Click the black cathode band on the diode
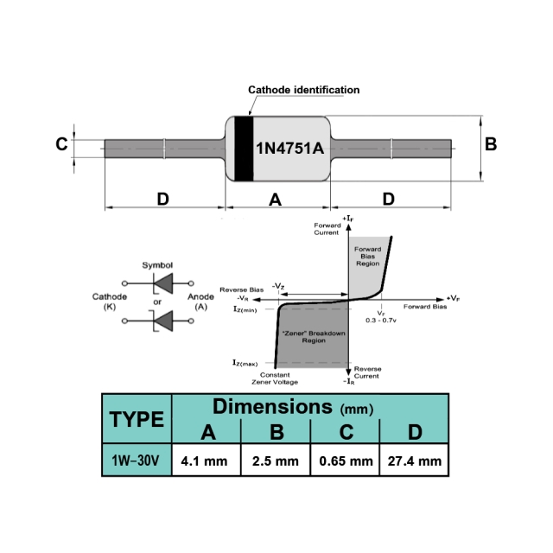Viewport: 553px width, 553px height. (x=245, y=148)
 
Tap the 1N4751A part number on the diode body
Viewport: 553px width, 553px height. (x=289, y=148)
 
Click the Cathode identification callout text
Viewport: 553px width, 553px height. (x=303, y=90)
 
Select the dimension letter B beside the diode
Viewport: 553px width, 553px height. (x=491, y=144)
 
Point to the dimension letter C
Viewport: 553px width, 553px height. (x=61, y=144)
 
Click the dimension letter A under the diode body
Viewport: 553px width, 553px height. (x=276, y=200)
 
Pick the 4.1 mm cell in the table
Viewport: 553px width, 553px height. (x=205, y=461)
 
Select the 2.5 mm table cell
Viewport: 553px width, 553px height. (x=275, y=461)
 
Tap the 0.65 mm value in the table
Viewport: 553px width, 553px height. (x=344, y=461)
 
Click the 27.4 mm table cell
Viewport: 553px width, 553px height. (x=414, y=461)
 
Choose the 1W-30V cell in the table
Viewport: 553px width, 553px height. (x=137, y=461)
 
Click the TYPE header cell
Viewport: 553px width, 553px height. (x=137, y=420)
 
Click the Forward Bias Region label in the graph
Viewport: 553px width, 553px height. (x=367, y=256)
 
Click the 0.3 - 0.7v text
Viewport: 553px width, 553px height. (x=380, y=320)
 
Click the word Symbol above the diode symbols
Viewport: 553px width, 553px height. (x=157, y=265)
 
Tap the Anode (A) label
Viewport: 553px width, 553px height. (x=200, y=302)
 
